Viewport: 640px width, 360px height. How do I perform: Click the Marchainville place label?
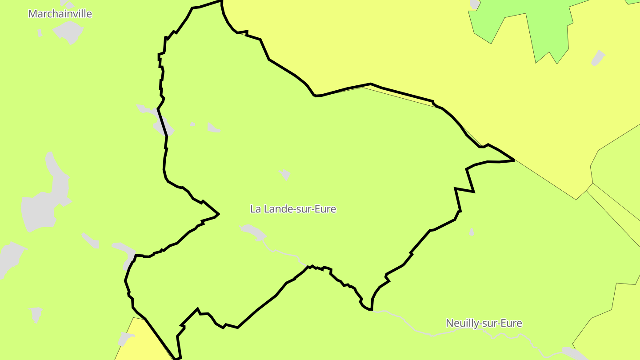60,14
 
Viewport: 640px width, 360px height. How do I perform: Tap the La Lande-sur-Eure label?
293,208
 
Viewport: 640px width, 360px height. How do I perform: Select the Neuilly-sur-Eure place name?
484,323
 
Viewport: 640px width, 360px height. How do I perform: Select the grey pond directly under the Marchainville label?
69,31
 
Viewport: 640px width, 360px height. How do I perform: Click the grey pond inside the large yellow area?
598,58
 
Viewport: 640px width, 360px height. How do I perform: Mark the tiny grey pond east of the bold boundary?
472,232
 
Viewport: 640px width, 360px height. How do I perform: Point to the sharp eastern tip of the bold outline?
513,160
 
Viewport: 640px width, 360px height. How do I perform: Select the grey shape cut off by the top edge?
474,4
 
